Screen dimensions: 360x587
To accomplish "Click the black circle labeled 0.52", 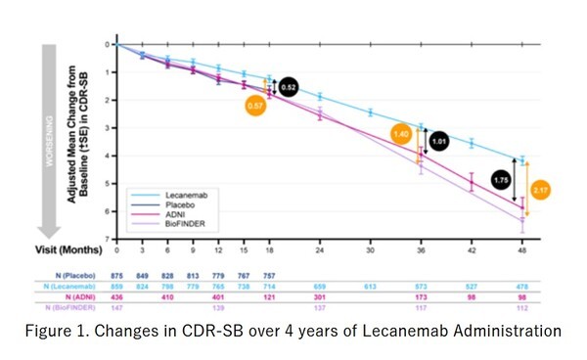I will [289, 88].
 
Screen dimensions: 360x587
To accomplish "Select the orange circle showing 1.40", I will [400, 133].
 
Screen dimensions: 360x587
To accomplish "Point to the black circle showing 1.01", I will [439, 141].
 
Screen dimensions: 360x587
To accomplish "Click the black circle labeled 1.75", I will [501, 181].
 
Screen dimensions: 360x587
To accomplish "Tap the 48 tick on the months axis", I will [522, 249].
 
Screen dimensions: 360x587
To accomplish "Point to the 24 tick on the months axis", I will [319, 249].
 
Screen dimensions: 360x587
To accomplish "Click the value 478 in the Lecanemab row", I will [522, 286].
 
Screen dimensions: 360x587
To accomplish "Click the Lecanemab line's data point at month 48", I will [522, 159].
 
